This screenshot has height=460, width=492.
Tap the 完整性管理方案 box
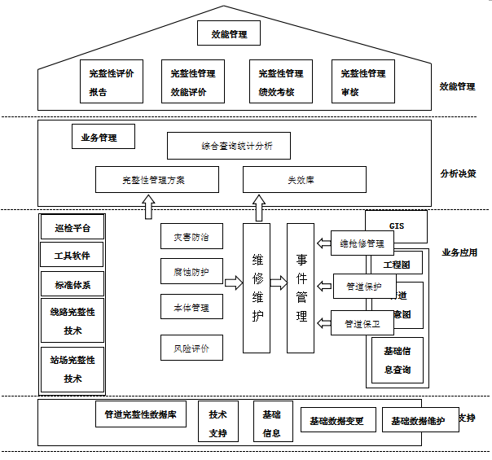157,179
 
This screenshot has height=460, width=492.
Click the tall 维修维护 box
257,287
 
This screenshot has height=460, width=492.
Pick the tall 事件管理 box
301,287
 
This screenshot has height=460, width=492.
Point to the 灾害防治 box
192,237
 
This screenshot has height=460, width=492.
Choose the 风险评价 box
192,348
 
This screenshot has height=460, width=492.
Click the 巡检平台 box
72,228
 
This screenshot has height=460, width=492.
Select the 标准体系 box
72,284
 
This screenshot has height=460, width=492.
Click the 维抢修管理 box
362,243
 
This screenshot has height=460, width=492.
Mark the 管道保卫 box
362,323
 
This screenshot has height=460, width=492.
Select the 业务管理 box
99,137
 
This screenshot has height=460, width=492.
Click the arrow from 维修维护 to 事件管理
279,283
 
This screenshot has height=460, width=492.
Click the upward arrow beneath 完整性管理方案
148,208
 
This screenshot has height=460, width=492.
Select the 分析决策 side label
459,173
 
